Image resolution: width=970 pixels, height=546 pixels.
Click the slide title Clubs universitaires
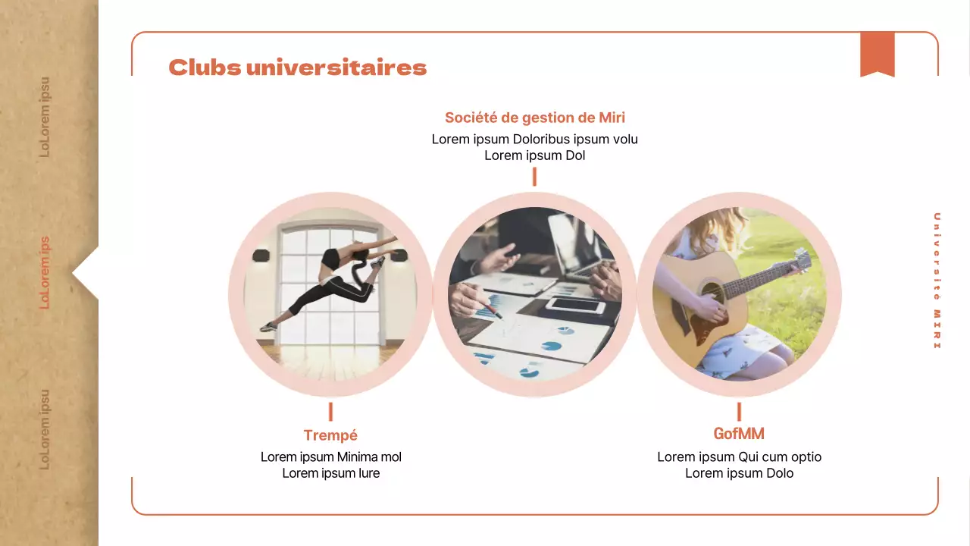click(297, 67)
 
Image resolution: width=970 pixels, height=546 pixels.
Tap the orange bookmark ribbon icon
click(877, 54)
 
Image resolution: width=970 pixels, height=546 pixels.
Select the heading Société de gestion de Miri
click(534, 118)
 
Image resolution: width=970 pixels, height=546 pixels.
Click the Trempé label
click(330, 435)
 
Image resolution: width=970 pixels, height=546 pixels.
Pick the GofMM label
click(739, 434)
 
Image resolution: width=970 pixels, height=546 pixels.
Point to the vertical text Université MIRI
click(937, 281)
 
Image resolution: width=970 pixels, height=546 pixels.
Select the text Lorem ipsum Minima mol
click(330, 457)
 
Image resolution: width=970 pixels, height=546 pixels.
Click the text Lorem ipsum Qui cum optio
click(739, 457)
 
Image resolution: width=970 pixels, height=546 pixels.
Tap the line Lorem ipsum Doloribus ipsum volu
click(534, 140)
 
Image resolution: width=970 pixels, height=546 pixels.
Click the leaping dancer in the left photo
click(333, 281)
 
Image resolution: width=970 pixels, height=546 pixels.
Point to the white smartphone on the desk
click(575, 306)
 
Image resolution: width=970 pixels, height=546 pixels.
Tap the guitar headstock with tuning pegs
click(802, 262)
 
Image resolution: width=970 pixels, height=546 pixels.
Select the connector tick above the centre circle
click(534, 177)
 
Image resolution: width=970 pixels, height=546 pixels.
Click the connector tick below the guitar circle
click(739, 412)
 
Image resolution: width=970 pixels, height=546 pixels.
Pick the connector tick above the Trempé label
click(330, 412)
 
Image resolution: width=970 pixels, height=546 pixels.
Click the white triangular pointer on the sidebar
click(86, 273)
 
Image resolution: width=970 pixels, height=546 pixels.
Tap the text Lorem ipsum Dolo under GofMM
click(739, 473)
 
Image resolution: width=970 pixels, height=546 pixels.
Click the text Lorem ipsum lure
click(330, 473)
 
